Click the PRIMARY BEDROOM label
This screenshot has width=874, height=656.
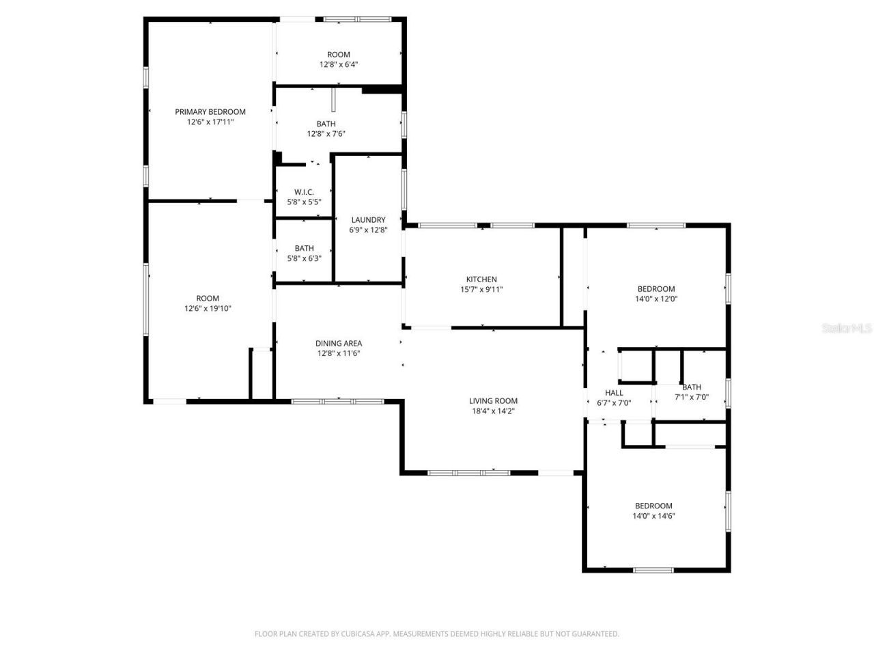tap(210, 112)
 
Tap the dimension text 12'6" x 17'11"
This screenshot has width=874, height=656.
tap(210, 122)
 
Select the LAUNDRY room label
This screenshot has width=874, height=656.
tap(368, 220)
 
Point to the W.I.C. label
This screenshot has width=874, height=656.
tap(304, 192)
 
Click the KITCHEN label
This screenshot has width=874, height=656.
tap(481, 279)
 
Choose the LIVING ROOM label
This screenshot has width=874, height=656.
tap(493, 401)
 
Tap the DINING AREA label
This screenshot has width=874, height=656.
tap(339, 344)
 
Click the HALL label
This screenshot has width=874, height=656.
tap(614, 393)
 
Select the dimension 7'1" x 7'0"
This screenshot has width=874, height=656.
tap(692, 397)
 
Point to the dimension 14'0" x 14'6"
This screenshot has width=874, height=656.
tap(653, 517)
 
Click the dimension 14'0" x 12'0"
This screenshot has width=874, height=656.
tap(656, 299)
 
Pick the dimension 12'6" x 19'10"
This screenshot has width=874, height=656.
tap(208, 308)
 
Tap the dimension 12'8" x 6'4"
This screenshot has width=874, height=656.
tap(339, 64)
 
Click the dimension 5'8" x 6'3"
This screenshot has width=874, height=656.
tap(304, 258)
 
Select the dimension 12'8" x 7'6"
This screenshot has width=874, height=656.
tap(326, 134)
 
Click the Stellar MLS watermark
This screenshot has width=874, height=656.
tap(847, 329)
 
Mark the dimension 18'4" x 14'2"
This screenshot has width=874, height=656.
tap(493, 411)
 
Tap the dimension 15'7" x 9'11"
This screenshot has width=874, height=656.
tap(481, 290)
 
